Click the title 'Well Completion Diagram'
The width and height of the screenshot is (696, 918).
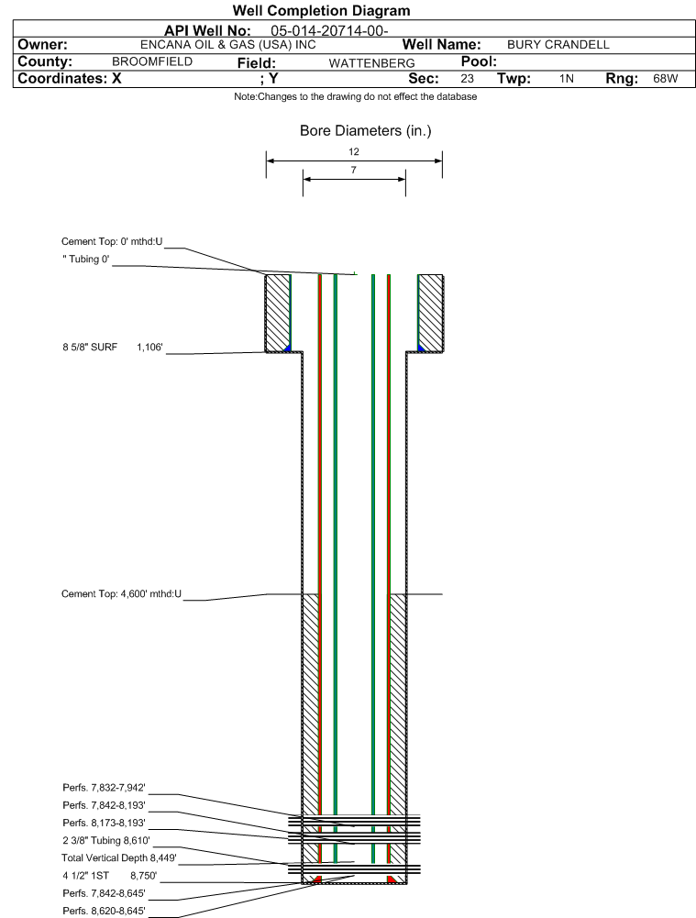[321, 11]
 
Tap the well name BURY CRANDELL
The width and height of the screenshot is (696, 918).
[558, 45]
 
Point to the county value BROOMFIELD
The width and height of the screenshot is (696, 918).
[151, 61]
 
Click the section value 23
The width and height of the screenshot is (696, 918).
[467, 79]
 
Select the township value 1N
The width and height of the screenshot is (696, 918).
[567, 79]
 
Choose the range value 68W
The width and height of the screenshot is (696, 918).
[665, 79]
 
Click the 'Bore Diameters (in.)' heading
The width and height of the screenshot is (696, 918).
[365, 131]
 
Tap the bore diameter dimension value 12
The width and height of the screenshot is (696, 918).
[354, 151]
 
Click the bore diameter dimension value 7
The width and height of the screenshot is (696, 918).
[353, 170]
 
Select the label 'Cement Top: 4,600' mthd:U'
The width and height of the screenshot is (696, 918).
[121, 594]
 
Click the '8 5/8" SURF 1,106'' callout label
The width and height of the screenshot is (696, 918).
[112, 347]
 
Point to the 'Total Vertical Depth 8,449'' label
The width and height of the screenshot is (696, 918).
[118, 857]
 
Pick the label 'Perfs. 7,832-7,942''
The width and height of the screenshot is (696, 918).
[104, 788]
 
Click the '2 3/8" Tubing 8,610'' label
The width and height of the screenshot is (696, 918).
[105, 840]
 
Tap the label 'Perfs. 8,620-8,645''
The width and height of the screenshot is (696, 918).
[104, 910]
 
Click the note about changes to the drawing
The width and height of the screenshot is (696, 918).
[355, 97]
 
